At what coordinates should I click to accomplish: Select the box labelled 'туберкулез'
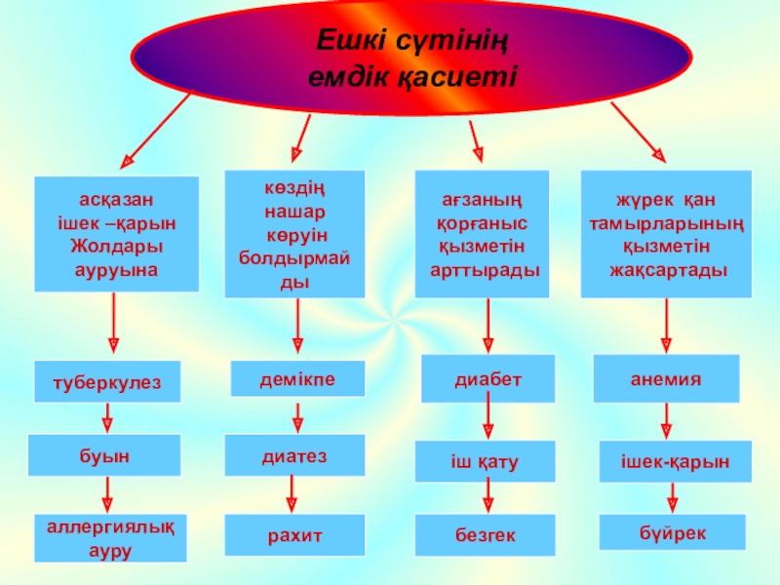109,381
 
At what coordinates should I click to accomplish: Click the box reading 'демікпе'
296,378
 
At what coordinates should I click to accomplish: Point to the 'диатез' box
294,455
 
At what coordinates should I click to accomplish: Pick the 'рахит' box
294,536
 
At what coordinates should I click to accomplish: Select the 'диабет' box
487,378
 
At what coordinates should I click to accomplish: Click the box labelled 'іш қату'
485,460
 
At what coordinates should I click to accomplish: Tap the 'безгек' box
485,535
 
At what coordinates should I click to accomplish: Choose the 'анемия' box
667,378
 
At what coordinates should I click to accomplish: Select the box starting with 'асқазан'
116,233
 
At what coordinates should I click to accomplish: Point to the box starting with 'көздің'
294,234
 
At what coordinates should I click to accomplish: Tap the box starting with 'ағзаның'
482,234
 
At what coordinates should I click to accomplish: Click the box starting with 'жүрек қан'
666,234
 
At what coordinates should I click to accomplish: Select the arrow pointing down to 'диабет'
487,326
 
